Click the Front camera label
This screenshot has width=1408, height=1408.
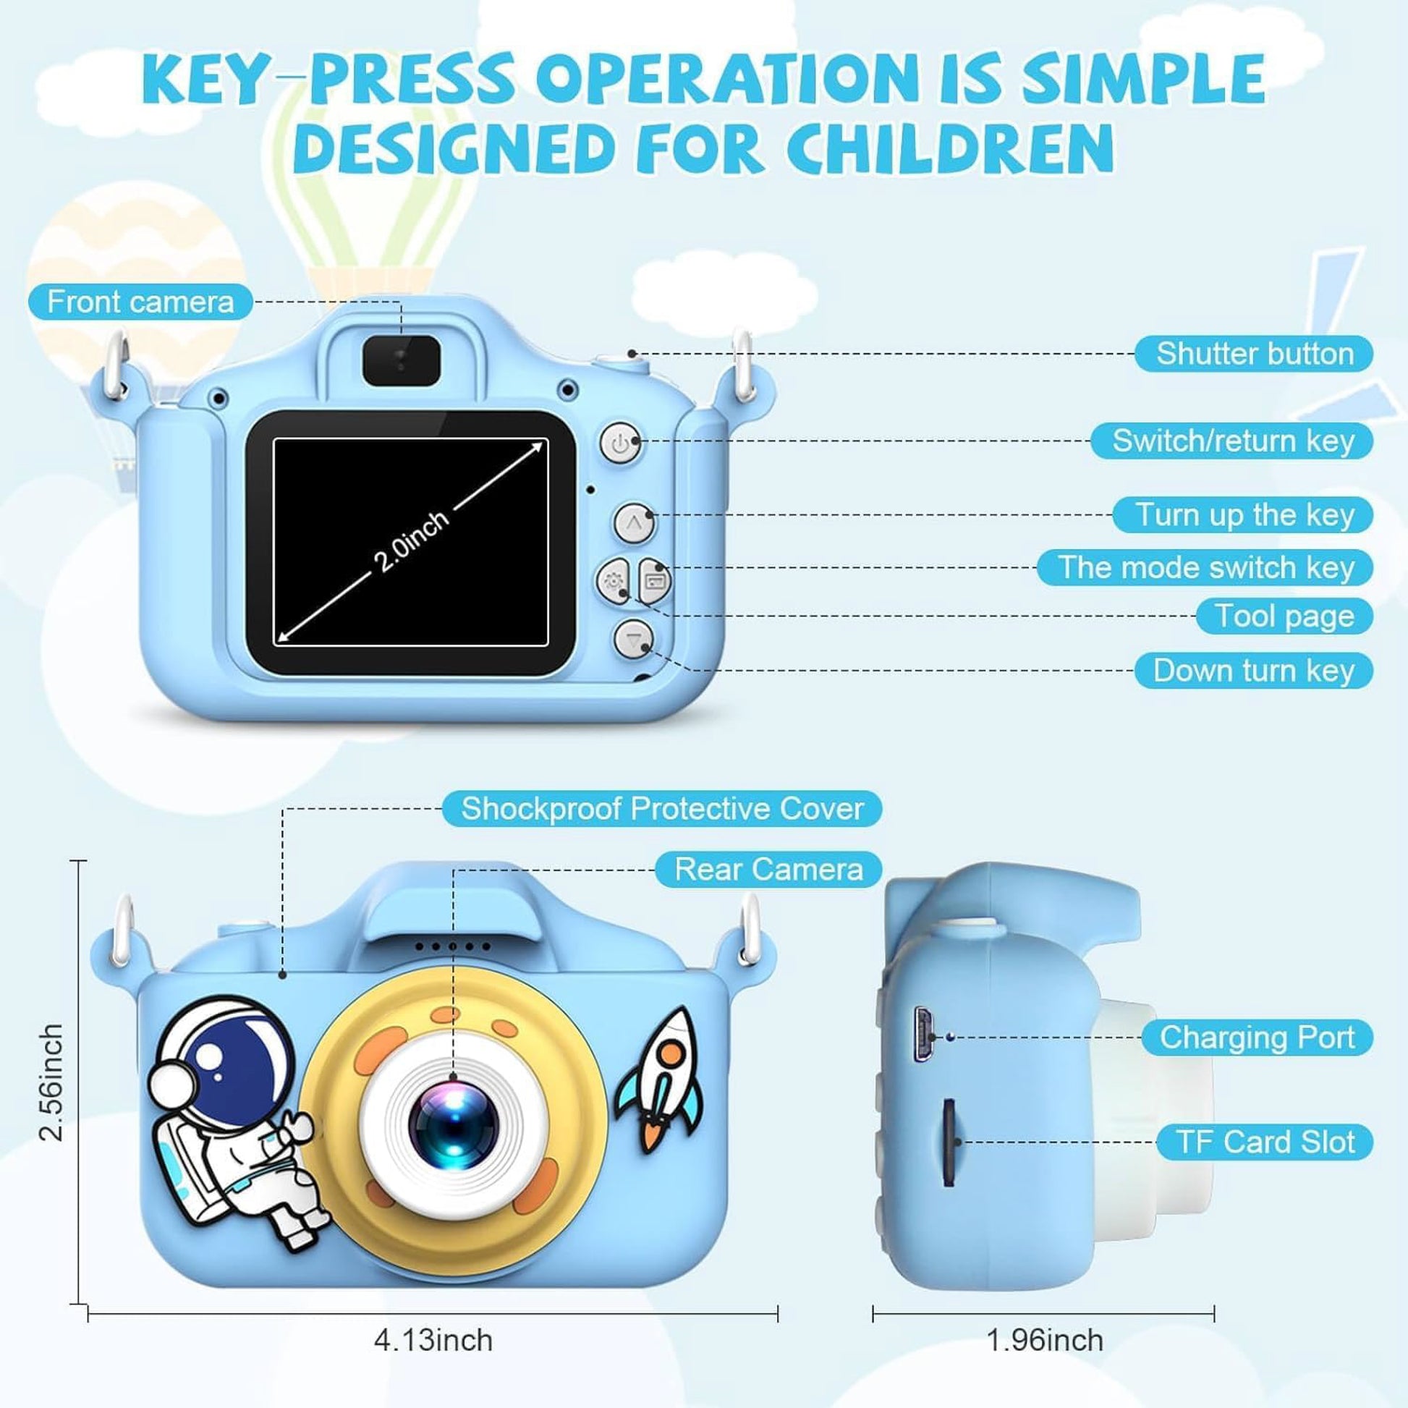(140, 302)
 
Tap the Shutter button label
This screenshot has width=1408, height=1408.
(1253, 354)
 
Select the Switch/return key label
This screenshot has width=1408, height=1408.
(1231, 440)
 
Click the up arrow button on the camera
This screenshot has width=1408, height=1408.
(633, 522)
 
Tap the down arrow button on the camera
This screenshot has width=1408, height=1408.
(632, 639)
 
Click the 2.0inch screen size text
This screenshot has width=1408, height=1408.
(411, 541)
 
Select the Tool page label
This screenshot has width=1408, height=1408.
(1284, 616)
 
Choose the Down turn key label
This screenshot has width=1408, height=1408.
(1253, 670)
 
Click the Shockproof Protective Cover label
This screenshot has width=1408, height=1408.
(662, 808)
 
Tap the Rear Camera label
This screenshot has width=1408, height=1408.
(768, 869)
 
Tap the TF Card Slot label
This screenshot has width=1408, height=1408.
(1265, 1142)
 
